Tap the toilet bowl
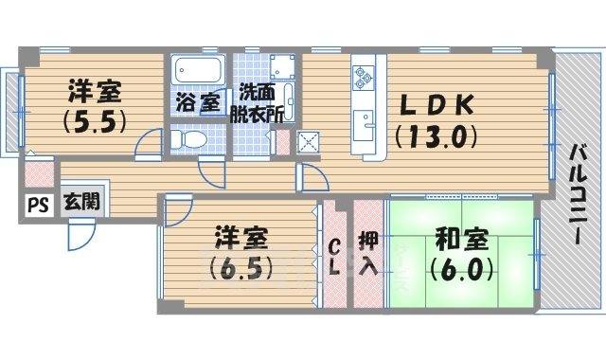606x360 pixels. pyautogui.click(x=190, y=140)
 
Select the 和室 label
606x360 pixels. pyautogui.click(x=459, y=235)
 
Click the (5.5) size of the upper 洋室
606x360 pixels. pyautogui.click(x=95, y=122)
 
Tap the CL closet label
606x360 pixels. pyautogui.click(x=335, y=256)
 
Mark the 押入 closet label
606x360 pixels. pyautogui.click(x=368, y=251)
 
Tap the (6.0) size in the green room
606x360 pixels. pyautogui.click(x=461, y=267)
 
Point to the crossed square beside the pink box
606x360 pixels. pyautogui.click(x=308, y=143)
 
